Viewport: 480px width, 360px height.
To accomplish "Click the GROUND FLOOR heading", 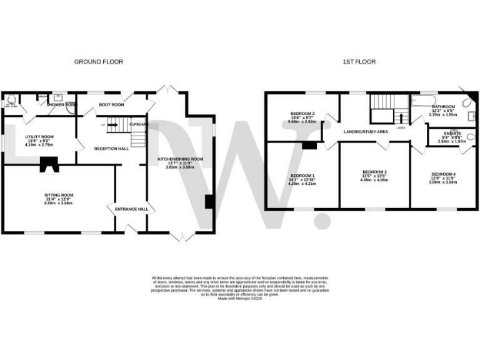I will (99, 62).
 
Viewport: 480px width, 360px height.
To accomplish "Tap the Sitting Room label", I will (59, 196).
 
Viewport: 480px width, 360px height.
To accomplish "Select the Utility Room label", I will (39, 136).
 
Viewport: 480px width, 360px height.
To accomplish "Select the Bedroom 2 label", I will (302, 114).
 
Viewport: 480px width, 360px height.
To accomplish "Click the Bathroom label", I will (443, 107).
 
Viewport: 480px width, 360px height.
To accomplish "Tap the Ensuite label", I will (452, 133).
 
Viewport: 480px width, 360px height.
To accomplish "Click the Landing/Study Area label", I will (366, 132).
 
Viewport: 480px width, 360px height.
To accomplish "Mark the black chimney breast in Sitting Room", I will (48, 164).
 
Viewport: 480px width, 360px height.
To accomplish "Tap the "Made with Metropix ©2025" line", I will (240, 299).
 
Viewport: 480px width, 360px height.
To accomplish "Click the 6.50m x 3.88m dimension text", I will (59, 204).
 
